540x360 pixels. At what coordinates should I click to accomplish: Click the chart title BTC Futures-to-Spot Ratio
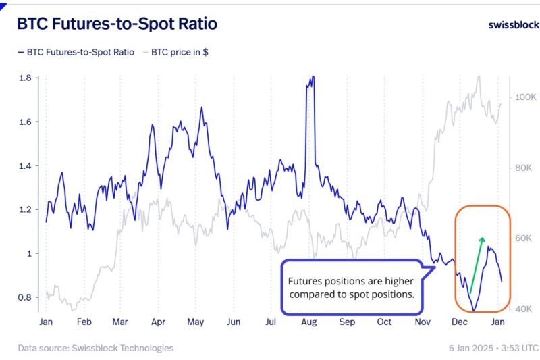[x=117, y=24]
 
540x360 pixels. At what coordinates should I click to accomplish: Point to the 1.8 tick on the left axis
[x=25, y=78]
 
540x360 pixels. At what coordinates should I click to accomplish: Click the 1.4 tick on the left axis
[x=25, y=165]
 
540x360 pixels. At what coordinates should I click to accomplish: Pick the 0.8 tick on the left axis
[x=25, y=297]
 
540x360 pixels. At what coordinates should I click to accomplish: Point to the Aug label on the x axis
[x=310, y=322]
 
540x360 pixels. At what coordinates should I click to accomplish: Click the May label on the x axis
[x=195, y=322]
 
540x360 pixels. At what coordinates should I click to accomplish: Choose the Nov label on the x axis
[x=423, y=322]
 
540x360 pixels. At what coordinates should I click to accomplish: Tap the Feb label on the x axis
[x=84, y=322]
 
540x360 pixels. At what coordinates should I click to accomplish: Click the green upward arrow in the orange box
[x=475, y=263]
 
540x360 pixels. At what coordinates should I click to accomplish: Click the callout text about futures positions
[x=350, y=288]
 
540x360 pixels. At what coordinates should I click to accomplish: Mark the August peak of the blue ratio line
[x=311, y=78]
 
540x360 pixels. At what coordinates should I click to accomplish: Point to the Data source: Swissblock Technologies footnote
[x=95, y=348]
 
